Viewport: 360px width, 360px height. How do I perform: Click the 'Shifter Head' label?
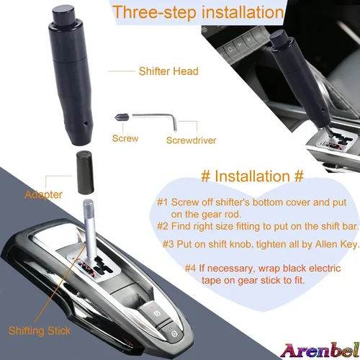click(168, 71)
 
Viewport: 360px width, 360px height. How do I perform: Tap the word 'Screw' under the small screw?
click(125, 138)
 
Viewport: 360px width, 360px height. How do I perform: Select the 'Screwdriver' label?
click(191, 140)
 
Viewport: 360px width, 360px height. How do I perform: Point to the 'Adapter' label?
click(43, 194)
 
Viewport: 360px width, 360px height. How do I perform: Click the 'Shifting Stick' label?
click(40, 331)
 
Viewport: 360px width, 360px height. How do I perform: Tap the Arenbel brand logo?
click(320, 351)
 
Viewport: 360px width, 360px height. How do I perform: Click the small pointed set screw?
click(122, 117)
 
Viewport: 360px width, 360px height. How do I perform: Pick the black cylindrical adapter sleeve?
click(85, 173)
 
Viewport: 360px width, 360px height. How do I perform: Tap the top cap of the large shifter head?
click(64, 14)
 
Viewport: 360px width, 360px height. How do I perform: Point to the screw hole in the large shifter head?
click(86, 124)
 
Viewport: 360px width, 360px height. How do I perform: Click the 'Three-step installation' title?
click(198, 12)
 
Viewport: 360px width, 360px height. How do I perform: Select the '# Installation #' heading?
click(252, 176)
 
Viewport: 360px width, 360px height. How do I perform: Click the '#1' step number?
click(163, 202)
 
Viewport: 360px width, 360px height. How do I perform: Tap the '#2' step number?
click(163, 226)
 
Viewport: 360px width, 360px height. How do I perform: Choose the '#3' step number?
click(168, 244)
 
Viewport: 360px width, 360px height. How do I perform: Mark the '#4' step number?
click(191, 268)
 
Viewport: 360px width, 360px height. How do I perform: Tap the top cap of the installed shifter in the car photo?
click(279, 37)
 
